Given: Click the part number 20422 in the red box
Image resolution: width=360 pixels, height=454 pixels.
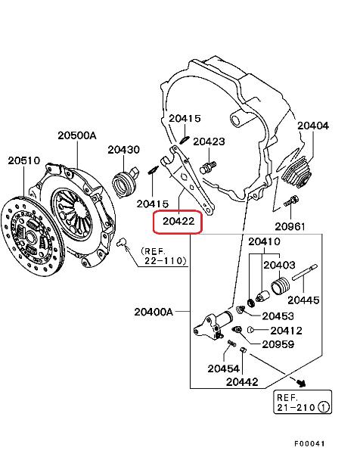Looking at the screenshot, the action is coord(178,221).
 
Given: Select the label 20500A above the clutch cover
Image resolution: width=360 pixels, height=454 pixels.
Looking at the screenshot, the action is coord(77,135).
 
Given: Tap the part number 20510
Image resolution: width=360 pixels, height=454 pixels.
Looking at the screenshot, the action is coord(23,160).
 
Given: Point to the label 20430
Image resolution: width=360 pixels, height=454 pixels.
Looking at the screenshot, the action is coord(123,150).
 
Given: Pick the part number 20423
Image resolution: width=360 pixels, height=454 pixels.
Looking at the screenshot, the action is coord(209,141).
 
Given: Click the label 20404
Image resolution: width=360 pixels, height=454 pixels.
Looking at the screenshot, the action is coord(313,126).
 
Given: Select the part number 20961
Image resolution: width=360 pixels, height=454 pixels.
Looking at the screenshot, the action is coord(290,226).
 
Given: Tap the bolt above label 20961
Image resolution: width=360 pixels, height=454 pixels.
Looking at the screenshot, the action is coord(291,201).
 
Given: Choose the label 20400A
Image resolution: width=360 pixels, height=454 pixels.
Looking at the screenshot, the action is coord(154,312).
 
